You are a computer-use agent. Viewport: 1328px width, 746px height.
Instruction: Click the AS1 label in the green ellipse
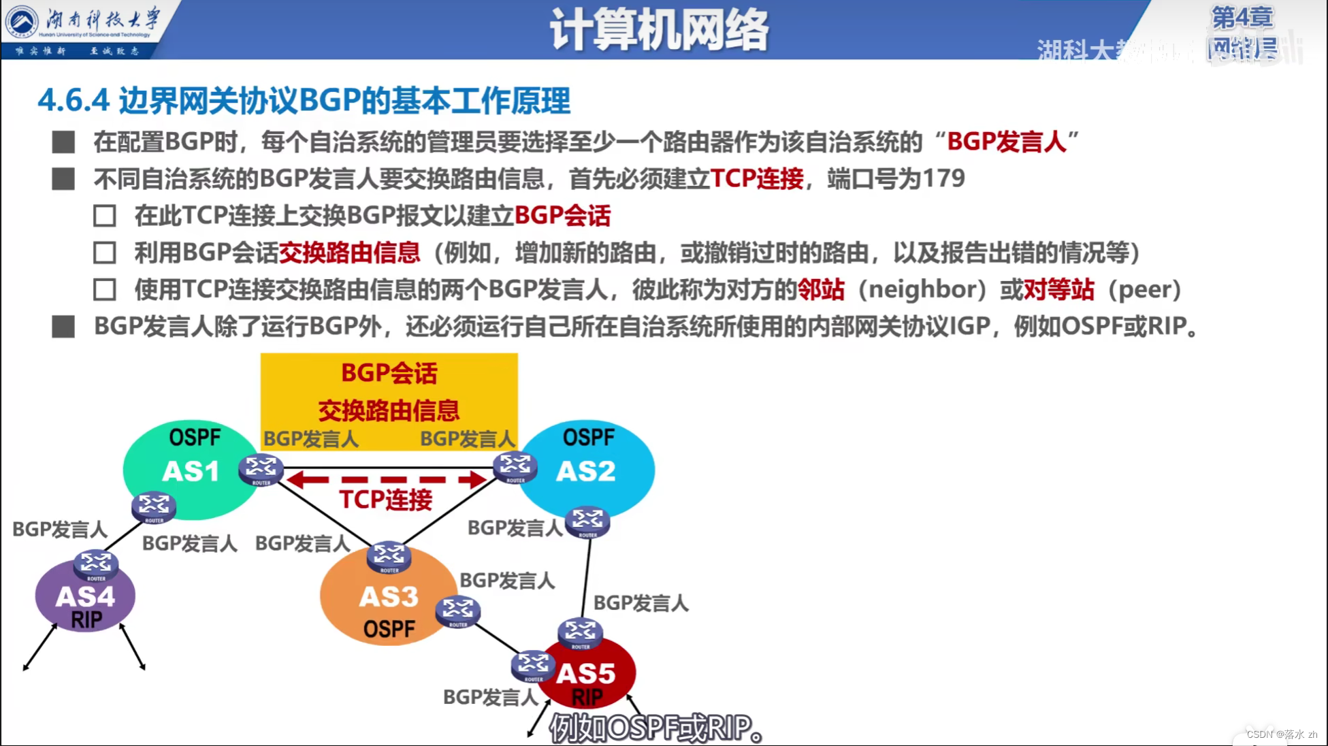coord(191,471)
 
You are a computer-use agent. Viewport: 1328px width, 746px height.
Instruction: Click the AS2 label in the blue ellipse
coord(585,471)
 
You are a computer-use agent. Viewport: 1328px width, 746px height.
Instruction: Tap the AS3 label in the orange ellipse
coord(388,597)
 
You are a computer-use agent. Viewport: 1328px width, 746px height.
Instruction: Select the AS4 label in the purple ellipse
coord(85,597)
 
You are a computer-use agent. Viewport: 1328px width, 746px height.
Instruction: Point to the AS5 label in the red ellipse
coord(585,674)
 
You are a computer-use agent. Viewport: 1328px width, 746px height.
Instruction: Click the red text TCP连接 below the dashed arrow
coord(385,500)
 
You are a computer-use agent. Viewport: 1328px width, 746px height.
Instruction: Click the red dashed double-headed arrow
coord(386,480)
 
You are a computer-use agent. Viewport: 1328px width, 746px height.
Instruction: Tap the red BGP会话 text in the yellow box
coord(389,373)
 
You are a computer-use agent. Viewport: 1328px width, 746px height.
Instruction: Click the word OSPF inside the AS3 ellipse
coord(389,629)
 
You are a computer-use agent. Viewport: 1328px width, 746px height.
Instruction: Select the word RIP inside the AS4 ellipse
coord(86,620)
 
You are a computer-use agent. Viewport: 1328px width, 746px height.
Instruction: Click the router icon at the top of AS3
coord(389,557)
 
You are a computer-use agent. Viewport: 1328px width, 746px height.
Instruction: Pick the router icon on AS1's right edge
coord(261,468)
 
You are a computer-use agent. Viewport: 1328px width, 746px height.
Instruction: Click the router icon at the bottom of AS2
coord(587,522)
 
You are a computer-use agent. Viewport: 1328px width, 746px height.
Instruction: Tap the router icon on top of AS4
coord(96,564)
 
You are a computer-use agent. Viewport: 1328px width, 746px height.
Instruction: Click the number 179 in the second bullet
coord(943,179)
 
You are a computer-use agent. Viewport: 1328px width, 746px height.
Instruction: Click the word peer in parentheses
coord(1144,289)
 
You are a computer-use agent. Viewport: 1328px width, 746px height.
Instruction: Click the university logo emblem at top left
coord(22,22)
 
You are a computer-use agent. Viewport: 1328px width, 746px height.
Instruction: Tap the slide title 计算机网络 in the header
coord(658,30)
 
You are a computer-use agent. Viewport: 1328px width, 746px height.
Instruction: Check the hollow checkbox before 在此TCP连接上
coord(105,216)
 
